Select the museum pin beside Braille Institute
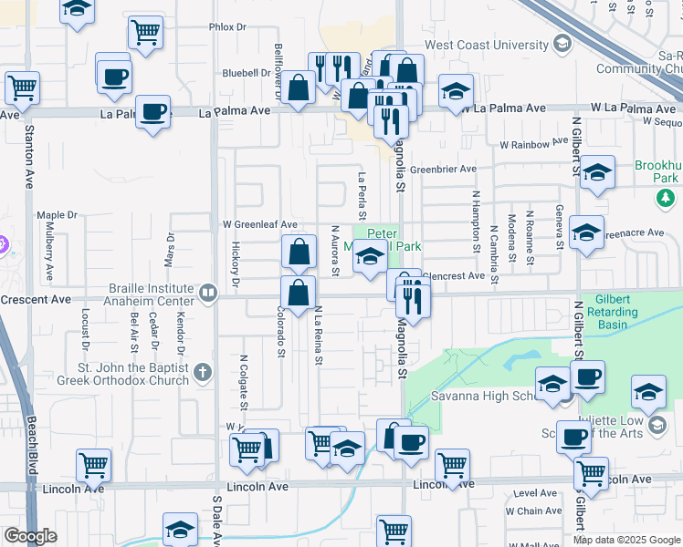[209, 294]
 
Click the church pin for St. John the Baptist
[202, 372]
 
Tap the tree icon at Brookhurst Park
[667, 197]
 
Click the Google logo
[30, 536]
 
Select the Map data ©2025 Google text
[626, 540]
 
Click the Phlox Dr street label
[228, 28]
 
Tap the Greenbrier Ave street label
[443, 170]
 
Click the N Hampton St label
[476, 221]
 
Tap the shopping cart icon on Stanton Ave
[22, 88]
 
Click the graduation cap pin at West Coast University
[562, 43]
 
